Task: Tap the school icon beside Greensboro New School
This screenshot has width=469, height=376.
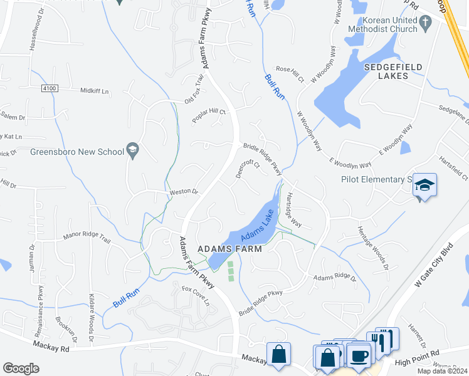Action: coord(132,150)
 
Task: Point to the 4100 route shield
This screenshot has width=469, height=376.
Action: coord(50,89)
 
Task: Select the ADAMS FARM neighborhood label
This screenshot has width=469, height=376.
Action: coord(229,248)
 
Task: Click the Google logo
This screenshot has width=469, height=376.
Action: coord(21,368)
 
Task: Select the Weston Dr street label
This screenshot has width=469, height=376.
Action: coord(184,192)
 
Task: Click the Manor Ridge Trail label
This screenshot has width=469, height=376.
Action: coord(87,238)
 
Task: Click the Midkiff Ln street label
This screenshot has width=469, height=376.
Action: coord(94,91)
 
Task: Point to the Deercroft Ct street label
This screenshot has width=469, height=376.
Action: coord(248,168)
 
